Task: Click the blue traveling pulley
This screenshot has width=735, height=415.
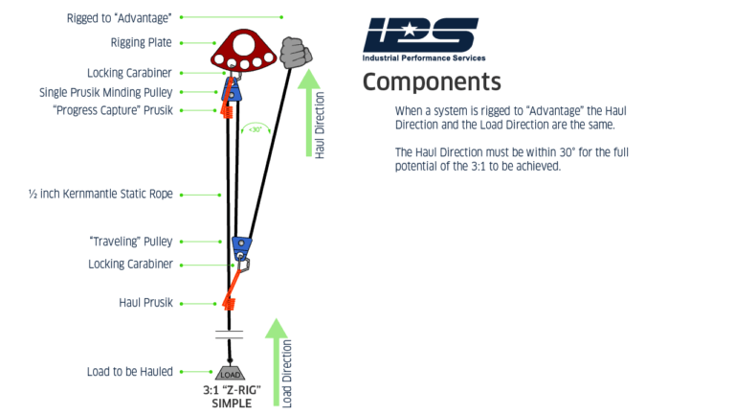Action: (242, 245)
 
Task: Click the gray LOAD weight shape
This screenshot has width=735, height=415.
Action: (231, 373)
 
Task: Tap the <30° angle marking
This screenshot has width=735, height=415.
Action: (255, 128)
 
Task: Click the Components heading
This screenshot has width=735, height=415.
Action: (431, 81)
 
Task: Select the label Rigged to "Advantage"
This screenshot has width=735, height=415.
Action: (121, 17)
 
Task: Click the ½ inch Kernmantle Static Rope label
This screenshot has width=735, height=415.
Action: (100, 194)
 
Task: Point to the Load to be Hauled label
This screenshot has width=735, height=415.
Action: (133, 371)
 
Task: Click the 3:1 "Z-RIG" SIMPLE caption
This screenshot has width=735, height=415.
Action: (231, 397)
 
